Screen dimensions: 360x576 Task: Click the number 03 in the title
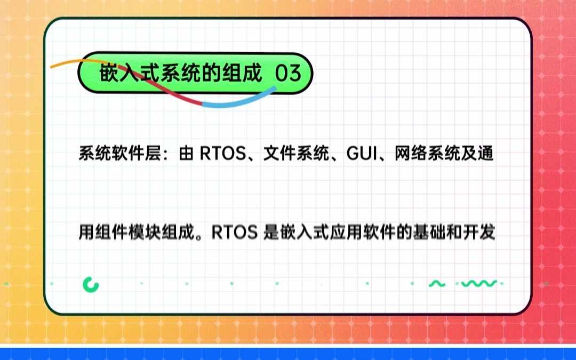click(288, 74)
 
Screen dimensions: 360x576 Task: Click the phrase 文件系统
click(295, 155)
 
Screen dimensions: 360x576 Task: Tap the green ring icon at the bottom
click(91, 284)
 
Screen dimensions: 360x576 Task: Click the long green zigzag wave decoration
click(478, 284)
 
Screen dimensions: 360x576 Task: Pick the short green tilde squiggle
click(437, 284)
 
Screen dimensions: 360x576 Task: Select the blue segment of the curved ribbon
click(235, 101)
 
